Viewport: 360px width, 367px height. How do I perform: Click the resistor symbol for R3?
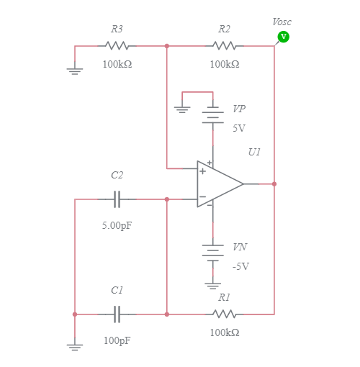pyautogui.click(x=117, y=45)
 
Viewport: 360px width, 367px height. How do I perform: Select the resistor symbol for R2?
pyautogui.click(x=225, y=45)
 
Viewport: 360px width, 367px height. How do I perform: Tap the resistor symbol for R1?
pyautogui.click(x=225, y=314)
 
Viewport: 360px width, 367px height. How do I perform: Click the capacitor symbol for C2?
pyautogui.click(x=117, y=199)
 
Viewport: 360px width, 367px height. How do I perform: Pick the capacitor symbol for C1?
pyautogui.click(x=117, y=314)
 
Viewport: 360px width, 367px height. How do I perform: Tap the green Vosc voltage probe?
pyautogui.click(x=283, y=37)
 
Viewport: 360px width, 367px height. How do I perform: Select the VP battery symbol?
pyautogui.click(x=212, y=116)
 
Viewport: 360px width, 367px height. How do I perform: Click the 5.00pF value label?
pyautogui.click(x=117, y=225)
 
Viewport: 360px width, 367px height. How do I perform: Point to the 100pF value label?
pyautogui.click(x=117, y=340)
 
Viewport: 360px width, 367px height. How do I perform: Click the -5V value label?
pyautogui.click(x=240, y=266)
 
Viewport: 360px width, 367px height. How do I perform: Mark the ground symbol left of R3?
pyautogui.click(x=75, y=70)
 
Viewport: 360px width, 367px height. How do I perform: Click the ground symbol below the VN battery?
pyautogui.click(x=212, y=284)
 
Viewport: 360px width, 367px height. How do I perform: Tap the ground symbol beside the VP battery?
pyautogui.click(x=183, y=109)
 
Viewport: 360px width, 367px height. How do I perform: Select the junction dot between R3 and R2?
pyautogui.click(x=167, y=45)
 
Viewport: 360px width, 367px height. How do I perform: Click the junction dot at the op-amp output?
pyautogui.click(x=274, y=184)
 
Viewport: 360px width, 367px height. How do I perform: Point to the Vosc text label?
pyautogui.click(x=282, y=22)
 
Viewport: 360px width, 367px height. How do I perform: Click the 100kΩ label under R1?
pyautogui.click(x=225, y=332)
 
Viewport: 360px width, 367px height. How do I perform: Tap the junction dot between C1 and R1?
pyautogui.click(x=167, y=314)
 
